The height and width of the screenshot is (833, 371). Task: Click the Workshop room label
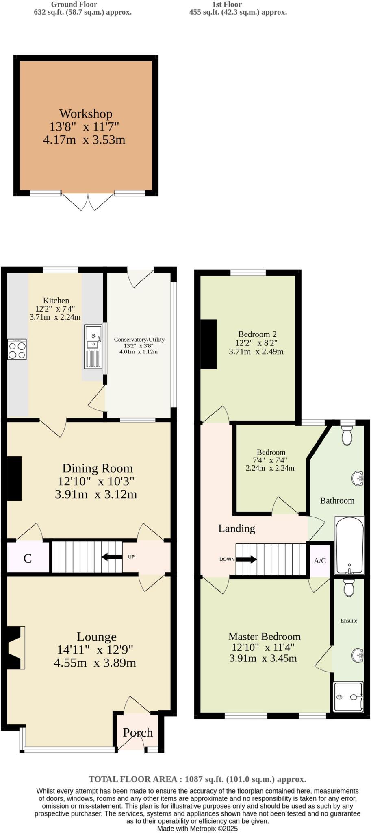point(85,113)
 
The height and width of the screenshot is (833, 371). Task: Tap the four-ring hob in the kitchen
point(17,349)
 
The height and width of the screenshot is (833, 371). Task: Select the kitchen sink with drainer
point(93,347)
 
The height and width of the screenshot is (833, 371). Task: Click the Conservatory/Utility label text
point(139,339)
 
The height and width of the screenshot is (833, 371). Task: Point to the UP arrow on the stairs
point(111,557)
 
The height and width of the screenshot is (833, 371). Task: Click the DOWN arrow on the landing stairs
point(246,559)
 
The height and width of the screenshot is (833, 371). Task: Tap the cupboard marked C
point(27,558)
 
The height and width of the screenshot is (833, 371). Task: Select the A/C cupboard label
point(320,560)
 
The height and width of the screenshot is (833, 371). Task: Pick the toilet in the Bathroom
point(347,435)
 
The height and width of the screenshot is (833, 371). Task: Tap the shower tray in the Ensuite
point(348,697)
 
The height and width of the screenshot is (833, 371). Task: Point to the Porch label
point(138,733)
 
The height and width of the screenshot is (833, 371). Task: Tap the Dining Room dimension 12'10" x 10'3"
point(96,481)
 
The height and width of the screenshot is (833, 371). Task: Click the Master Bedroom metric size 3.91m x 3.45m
point(263,658)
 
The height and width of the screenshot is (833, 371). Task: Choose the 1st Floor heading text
point(227,4)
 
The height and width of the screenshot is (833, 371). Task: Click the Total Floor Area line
point(197,779)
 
